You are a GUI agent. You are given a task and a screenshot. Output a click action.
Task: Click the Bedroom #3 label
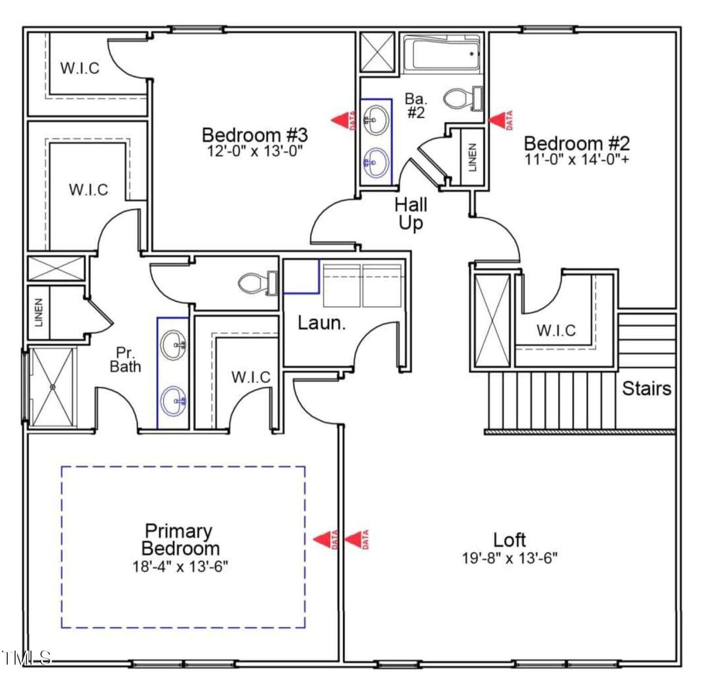coord(255,135)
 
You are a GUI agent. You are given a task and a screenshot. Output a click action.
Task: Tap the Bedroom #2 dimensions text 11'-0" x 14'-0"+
coord(577,159)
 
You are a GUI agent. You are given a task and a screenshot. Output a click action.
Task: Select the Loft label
coord(509,540)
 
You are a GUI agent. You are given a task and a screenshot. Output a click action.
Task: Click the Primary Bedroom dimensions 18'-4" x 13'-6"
coord(180,566)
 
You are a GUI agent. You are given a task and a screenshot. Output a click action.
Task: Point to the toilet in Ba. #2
coord(464,98)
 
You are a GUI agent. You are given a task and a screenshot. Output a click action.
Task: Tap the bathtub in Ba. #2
coord(441,54)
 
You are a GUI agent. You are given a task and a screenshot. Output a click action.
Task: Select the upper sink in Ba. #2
coord(376,120)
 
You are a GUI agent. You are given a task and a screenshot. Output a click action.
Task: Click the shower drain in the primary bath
coord(52,387)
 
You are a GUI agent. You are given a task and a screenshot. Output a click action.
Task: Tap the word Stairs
coord(647,388)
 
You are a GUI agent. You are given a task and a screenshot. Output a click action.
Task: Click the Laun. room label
coord(322,323)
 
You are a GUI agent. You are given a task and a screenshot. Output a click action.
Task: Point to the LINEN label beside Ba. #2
coord(472,158)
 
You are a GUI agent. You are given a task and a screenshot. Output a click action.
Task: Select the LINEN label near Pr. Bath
coord(39,312)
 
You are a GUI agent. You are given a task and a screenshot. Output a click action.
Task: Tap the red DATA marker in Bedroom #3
coord(344,121)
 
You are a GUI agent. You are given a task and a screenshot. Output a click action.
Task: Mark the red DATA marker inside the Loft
coord(357,540)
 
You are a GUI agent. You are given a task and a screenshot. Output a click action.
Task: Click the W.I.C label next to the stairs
coord(556,331)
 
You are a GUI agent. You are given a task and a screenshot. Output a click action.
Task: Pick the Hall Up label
coord(411,214)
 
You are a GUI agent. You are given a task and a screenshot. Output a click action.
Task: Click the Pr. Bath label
coord(125,359)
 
